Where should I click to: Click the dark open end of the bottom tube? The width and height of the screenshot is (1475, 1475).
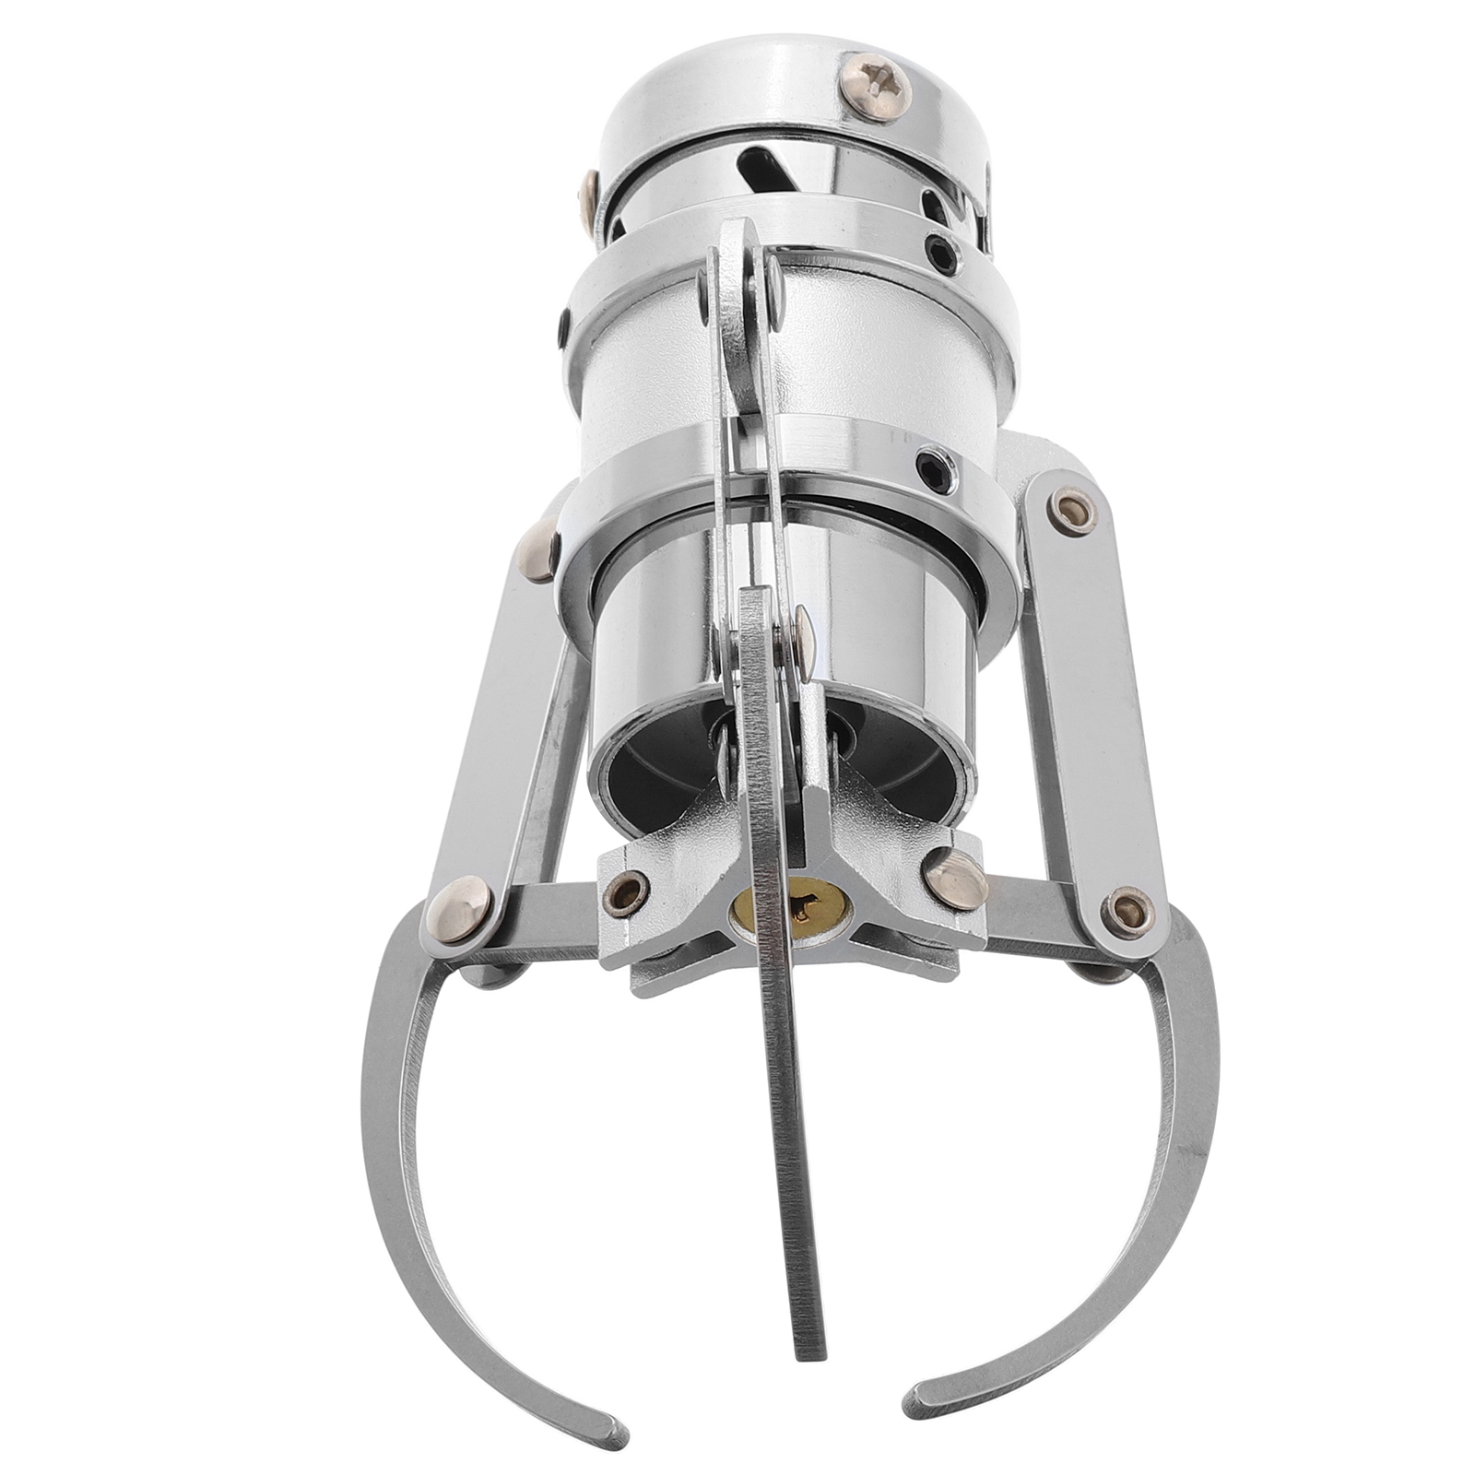tap(664, 756)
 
